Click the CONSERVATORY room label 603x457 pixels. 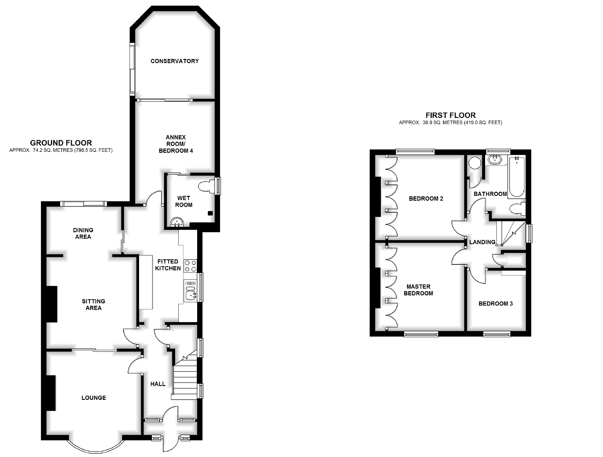(x=174, y=61)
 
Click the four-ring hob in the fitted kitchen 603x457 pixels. (x=191, y=266)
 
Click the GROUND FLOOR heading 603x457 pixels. (x=61, y=143)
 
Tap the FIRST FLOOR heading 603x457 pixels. (x=451, y=115)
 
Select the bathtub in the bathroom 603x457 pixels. (x=517, y=177)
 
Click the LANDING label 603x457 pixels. (x=482, y=242)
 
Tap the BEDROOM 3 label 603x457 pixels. (x=496, y=304)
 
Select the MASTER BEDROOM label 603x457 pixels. (x=418, y=290)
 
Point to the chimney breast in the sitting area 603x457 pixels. (x=52, y=304)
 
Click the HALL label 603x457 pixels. (x=158, y=384)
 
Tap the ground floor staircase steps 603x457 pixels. (x=185, y=382)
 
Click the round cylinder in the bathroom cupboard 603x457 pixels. (x=475, y=163)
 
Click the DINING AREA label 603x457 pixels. (x=83, y=233)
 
